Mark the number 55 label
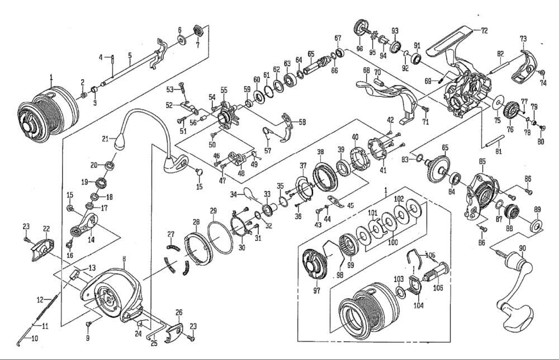pyautogui.click(x=224, y=89)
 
